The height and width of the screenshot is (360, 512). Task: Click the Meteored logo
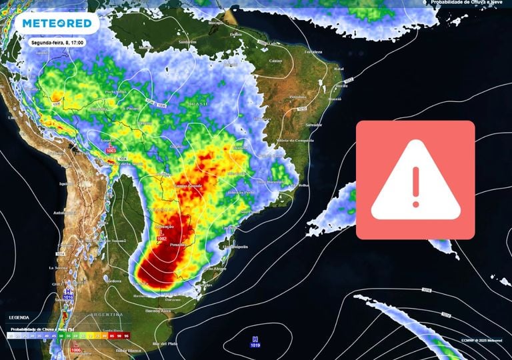click(x=56, y=23)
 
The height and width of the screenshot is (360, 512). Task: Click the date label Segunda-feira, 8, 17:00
click(x=57, y=42)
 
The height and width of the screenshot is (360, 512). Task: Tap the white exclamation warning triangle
click(x=415, y=179)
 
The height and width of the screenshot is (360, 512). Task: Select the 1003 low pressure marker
click(x=111, y=149)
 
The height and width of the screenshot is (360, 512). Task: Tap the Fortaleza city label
click(x=313, y=52)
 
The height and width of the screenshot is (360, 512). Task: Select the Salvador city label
click(x=313, y=125)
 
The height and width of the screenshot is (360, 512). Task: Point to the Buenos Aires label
click(x=157, y=311)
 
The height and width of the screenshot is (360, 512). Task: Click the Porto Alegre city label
click(x=214, y=269)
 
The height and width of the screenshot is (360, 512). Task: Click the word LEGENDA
click(x=19, y=317)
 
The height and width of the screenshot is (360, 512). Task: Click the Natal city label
click(x=339, y=69)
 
